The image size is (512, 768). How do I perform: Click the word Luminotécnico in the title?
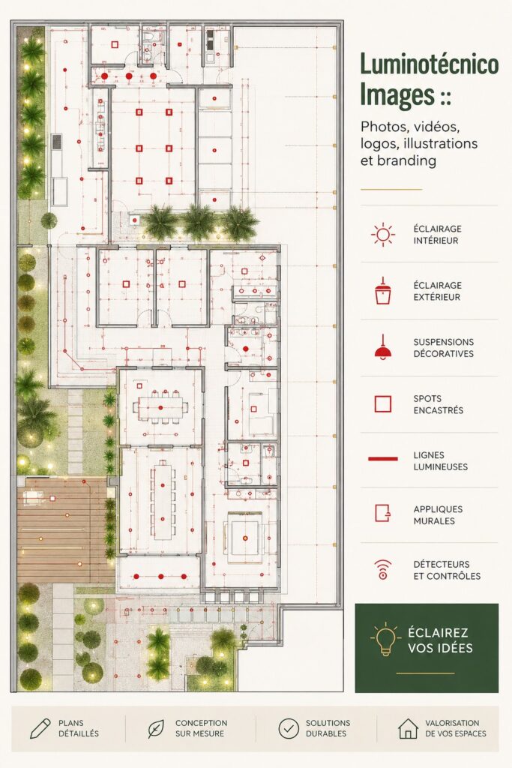pos(430,64)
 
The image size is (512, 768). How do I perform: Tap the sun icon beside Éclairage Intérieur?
pos(383,235)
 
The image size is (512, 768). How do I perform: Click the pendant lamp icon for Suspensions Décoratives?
pos(383,347)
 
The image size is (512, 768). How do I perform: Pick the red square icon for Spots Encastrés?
pos(383,404)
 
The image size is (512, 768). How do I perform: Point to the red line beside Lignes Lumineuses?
pos(383,459)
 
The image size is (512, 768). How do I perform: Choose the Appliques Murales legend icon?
pos(383,514)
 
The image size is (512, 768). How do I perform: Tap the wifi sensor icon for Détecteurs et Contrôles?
pos(383,570)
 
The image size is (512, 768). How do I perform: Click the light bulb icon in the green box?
pos(385,639)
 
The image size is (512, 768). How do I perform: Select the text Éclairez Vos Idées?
pos(440,640)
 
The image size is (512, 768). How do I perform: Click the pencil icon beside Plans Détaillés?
pos(40,728)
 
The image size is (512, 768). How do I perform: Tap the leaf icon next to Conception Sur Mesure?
pos(156,728)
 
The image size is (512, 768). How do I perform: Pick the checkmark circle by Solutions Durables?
pos(289,728)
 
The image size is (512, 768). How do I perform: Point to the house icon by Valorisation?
pos(408,728)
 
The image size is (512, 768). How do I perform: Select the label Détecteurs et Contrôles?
pos(447,570)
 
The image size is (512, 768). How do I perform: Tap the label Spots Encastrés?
pos(438,404)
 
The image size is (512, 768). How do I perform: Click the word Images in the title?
pos(397,94)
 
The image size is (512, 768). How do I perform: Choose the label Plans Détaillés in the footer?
pos(78,728)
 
